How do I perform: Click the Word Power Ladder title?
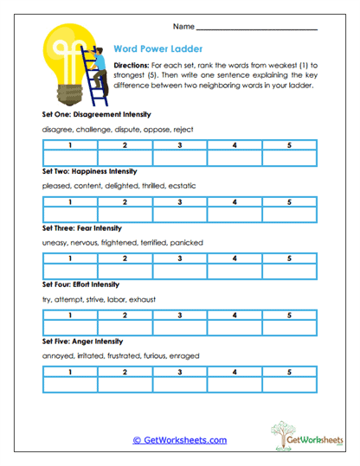[151, 49]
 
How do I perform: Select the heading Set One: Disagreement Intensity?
[96, 114]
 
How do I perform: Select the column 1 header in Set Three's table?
[69, 258]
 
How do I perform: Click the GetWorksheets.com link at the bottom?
[179, 440]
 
